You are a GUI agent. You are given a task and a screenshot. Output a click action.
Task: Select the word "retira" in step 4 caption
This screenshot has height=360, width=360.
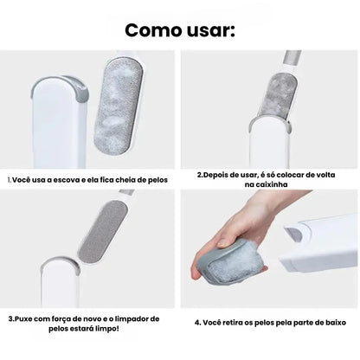(x=233, y=323)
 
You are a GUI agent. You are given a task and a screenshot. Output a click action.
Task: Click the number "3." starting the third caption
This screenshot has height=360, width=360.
(x=11, y=319)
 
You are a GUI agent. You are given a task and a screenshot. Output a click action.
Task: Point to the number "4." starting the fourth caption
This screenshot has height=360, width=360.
(x=197, y=323)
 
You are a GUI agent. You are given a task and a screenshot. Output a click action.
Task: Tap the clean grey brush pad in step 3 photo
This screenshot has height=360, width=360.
(x=103, y=233)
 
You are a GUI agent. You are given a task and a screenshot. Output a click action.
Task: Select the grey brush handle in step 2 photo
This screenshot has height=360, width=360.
(x=292, y=59)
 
